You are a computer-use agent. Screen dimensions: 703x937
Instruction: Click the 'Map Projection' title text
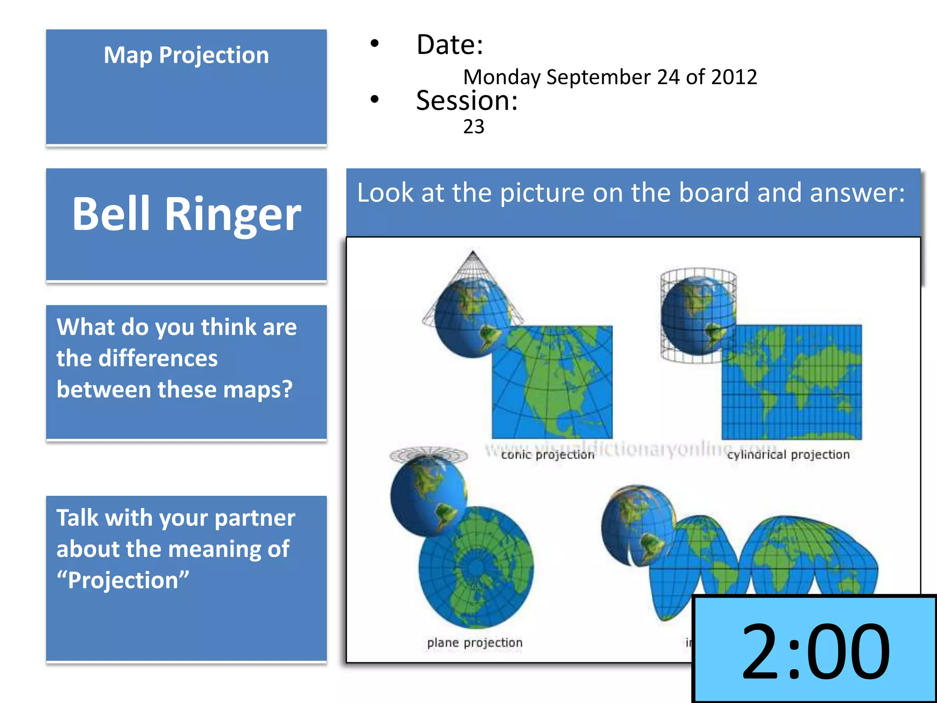click(x=186, y=55)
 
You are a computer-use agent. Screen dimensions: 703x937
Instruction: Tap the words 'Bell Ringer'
click(x=186, y=214)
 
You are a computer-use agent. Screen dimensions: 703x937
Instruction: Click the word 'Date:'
click(x=449, y=45)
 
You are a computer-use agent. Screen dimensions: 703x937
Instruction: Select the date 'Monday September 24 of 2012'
click(x=610, y=77)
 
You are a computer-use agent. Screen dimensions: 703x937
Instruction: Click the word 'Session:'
click(x=467, y=101)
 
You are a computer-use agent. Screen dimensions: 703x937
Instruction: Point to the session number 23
click(x=474, y=127)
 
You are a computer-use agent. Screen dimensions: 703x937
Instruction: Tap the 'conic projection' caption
click(x=547, y=454)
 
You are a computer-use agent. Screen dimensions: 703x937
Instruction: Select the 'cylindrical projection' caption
click(x=788, y=454)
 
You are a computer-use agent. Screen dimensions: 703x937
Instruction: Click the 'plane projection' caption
click(x=474, y=643)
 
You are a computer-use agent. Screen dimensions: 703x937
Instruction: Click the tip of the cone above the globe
click(x=473, y=252)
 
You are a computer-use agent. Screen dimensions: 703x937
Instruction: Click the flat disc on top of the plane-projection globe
click(x=428, y=454)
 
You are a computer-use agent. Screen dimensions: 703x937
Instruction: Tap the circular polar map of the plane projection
click(x=476, y=568)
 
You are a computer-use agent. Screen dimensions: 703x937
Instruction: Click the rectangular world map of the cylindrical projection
click(x=792, y=382)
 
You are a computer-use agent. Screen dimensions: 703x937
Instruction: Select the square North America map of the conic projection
click(x=552, y=382)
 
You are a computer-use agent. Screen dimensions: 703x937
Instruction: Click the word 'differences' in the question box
click(x=158, y=358)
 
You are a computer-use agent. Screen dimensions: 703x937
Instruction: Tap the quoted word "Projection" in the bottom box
click(x=123, y=580)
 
